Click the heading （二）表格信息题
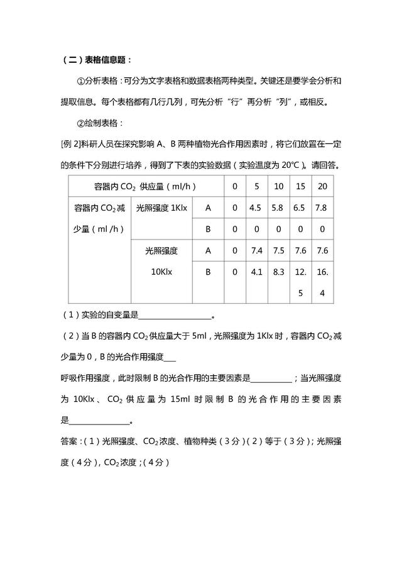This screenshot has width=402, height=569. click(x=97, y=60)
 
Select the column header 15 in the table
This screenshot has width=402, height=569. click(x=300, y=187)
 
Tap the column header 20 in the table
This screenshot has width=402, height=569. click(x=322, y=187)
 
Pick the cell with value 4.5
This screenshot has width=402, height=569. click(x=256, y=207)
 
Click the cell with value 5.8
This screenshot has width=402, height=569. click(x=278, y=207)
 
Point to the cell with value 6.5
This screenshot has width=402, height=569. click(x=300, y=207)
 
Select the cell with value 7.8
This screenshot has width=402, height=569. click(x=322, y=207)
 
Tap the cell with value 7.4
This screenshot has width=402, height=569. click(x=256, y=251)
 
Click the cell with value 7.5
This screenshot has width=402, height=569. click(x=278, y=251)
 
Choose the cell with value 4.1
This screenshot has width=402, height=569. click(x=256, y=272)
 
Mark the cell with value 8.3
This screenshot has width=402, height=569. click(x=278, y=272)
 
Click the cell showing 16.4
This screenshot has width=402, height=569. click(x=322, y=282)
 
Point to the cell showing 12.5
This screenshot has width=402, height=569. click(x=300, y=282)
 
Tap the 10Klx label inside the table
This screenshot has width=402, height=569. click(x=161, y=272)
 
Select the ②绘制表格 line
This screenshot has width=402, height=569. click(x=100, y=123)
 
